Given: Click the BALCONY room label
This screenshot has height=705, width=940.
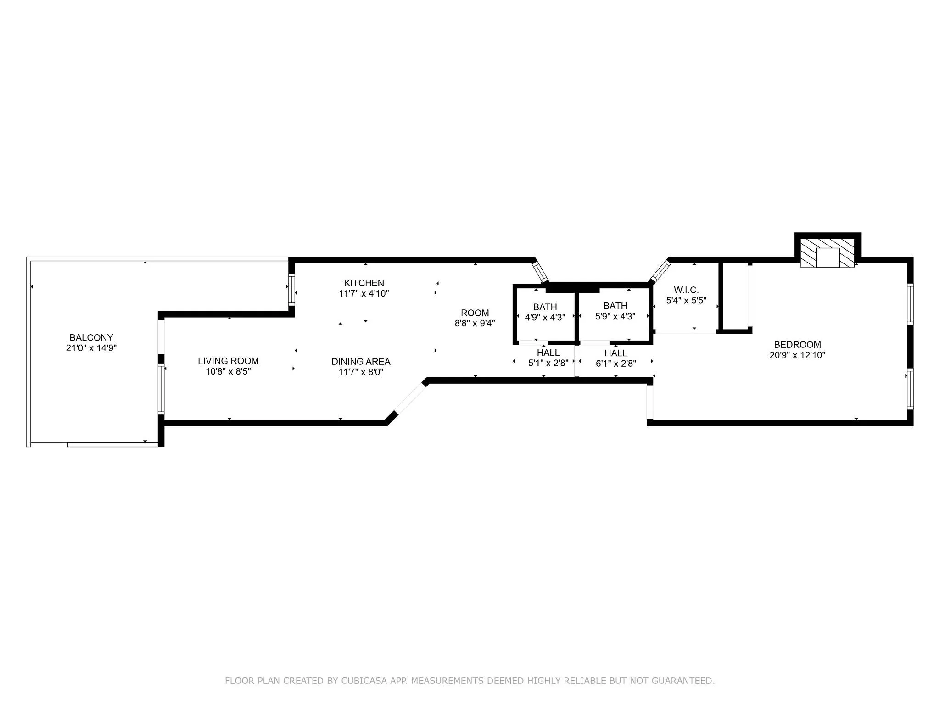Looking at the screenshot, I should click(91, 337).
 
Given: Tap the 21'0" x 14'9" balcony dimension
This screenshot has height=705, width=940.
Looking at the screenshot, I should click(91, 348).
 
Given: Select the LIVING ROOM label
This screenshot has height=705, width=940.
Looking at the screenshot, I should click(228, 361).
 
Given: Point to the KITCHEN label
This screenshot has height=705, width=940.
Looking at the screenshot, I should click(364, 283).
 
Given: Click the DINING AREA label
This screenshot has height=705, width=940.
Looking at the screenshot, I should click(361, 361).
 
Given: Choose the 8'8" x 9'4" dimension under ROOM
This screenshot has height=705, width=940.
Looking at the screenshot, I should click(475, 323).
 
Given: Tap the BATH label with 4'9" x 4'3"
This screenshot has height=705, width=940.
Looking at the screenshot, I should click(545, 307).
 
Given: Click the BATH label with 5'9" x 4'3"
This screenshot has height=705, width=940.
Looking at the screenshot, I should click(615, 306).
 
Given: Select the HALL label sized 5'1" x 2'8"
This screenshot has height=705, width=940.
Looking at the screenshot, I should click(548, 352).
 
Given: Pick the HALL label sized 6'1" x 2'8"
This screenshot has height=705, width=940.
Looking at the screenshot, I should click(615, 353).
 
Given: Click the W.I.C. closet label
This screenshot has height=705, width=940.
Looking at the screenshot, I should click(686, 290).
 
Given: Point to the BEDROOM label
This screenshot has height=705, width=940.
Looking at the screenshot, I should click(797, 344).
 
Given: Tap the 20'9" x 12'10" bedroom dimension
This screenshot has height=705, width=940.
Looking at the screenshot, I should click(797, 355).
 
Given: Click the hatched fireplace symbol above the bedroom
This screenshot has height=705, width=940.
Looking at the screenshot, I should click(827, 252).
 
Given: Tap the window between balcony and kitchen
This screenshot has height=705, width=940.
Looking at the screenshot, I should click(291, 289).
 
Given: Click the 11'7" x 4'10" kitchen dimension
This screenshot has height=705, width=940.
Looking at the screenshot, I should click(364, 293).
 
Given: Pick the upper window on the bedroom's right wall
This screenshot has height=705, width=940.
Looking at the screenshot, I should click(910, 304).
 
